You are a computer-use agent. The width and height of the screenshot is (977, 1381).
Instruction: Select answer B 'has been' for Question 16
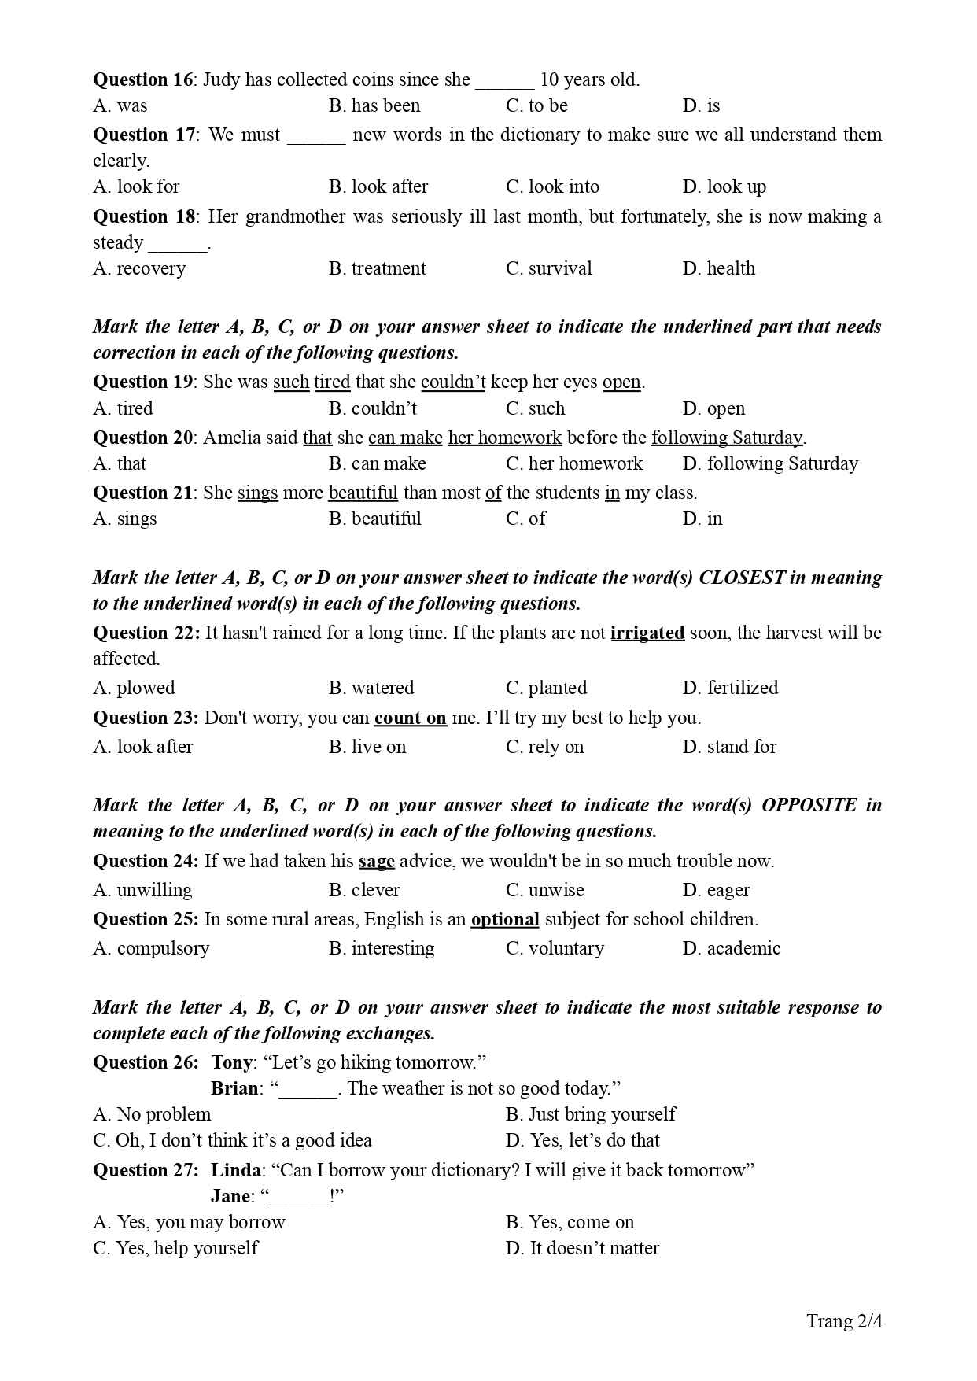pyautogui.click(x=374, y=105)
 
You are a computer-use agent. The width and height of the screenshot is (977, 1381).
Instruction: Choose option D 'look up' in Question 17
pyautogui.click(x=724, y=186)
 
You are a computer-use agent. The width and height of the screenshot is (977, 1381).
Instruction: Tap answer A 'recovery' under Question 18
pyautogui.click(x=139, y=268)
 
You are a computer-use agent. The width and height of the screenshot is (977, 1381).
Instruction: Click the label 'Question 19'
pyautogui.click(x=142, y=382)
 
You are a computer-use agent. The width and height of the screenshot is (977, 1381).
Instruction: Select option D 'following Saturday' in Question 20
pyautogui.click(x=770, y=463)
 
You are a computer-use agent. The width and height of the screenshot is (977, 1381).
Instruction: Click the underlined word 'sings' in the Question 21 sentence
pyautogui.click(x=257, y=493)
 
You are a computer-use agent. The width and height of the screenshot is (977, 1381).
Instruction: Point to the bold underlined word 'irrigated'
pyautogui.click(x=647, y=633)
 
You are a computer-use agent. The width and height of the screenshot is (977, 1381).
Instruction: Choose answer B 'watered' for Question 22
pyautogui.click(x=371, y=688)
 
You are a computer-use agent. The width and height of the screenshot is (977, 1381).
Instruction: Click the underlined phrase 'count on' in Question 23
pyautogui.click(x=410, y=718)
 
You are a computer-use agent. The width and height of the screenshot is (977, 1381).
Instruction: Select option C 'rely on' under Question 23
pyautogui.click(x=544, y=747)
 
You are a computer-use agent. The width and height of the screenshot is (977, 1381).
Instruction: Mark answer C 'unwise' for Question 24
pyautogui.click(x=545, y=890)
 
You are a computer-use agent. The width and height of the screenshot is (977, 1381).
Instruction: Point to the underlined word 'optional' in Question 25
pyautogui.click(x=505, y=919)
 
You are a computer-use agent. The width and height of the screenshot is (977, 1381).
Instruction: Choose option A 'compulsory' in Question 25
pyautogui.click(x=151, y=948)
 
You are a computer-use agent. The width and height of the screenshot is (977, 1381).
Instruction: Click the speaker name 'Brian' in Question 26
pyautogui.click(x=234, y=1088)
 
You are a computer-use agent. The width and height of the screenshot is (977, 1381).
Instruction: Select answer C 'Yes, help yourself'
pyautogui.click(x=175, y=1248)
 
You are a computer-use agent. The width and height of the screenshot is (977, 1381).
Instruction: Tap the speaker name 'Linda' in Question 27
pyautogui.click(x=235, y=1170)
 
